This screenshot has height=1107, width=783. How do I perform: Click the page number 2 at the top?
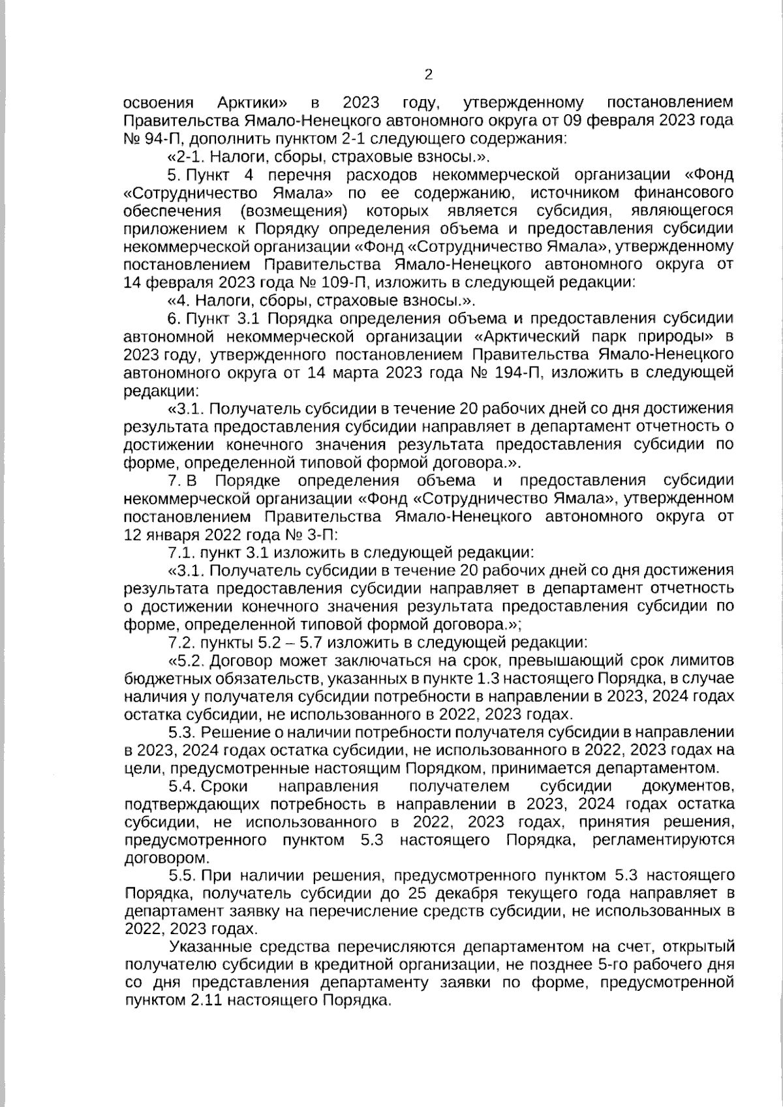click(x=428, y=74)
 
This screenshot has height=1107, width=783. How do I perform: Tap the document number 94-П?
click(x=165, y=139)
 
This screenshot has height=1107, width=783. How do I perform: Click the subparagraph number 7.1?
click(x=182, y=553)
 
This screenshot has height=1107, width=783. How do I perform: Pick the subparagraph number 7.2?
click(x=182, y=641)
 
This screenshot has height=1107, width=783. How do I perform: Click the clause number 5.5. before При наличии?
click(x=183, y=875)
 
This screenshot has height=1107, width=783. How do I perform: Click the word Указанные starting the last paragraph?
click(x=207, y=947)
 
